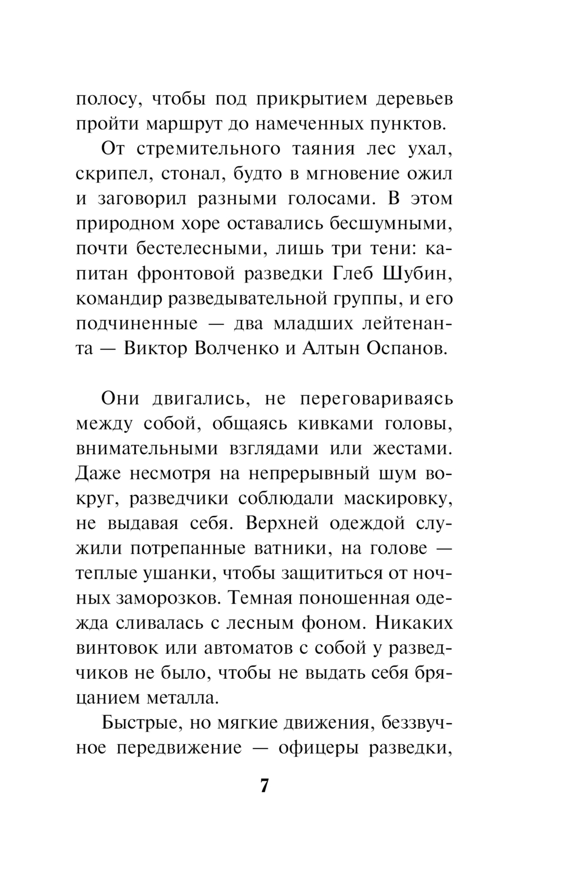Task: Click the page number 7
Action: (265, 786)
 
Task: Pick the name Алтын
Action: (331, 349)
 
